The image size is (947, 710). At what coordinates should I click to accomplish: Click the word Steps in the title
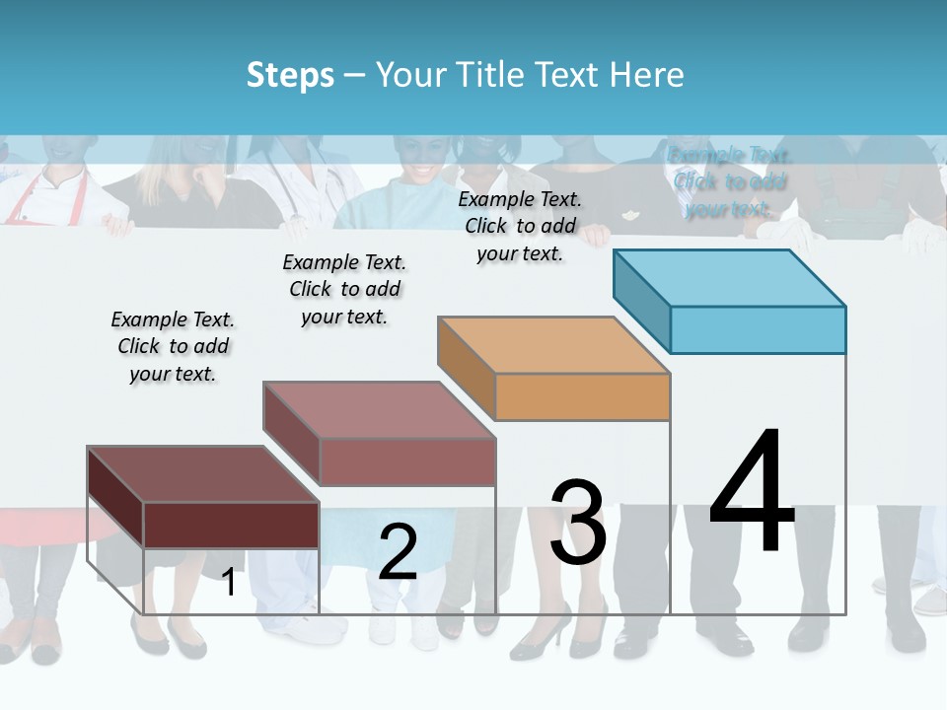tap(290, 75)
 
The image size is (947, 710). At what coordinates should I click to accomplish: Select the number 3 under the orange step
tap(578, 523)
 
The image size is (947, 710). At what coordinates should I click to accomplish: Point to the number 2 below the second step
tap(398, 552)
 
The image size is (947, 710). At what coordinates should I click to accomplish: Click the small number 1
tap(228, 583)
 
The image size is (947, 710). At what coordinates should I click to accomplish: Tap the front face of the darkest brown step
tap(231, 525)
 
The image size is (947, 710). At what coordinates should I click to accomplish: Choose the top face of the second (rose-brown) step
tap(380, 409)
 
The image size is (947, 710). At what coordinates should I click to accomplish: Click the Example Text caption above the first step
tap(173, 346)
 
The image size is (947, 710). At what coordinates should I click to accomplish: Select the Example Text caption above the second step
tap(344, 289)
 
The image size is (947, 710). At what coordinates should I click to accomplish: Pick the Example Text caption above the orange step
tap(520, 226)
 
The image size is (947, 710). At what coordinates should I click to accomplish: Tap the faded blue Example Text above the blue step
tap(729, 181)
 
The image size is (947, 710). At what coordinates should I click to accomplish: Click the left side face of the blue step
tap(642, 301)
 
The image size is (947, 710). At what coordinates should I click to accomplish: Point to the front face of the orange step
tap(582, 397)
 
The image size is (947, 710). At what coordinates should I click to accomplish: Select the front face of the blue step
tap(758, 329)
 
